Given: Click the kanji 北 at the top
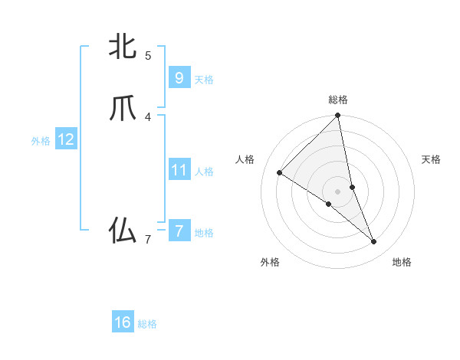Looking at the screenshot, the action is point(123,47).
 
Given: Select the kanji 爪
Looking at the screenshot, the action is point(123,109).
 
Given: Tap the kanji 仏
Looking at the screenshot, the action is point(123,230).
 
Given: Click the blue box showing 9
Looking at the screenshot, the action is point(179,77).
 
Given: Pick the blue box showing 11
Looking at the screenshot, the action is point(179,170).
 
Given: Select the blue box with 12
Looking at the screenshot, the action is point(65,139).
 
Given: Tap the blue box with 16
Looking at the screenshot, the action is point(123,322).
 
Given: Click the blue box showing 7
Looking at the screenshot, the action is point(179,231).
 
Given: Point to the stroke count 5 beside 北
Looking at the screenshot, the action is point(148,55).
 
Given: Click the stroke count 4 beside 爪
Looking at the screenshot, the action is point(148,117).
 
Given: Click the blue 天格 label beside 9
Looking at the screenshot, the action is point(204,80).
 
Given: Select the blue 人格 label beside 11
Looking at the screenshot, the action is point(204,172).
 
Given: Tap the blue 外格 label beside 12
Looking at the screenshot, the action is point(41,141).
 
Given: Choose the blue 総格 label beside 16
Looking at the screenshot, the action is point(147,324).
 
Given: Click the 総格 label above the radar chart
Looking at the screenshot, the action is point(338,100).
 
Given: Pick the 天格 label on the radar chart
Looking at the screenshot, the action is point(431,159).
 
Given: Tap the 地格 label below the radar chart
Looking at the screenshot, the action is point(402,262).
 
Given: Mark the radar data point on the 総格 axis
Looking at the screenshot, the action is point(338,116).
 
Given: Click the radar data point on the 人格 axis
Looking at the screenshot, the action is point(280,172).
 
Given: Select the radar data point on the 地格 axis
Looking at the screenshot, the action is point(374,242).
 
